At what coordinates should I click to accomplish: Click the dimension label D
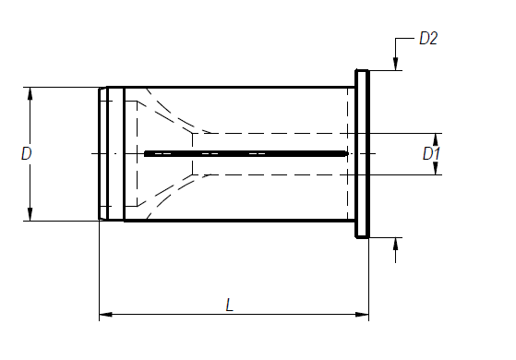(27, 153)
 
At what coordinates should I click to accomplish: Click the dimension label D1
(431, 153)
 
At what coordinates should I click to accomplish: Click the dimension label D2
(428, 39)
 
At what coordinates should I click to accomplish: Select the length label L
(230, 305)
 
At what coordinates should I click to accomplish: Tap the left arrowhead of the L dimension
(105, 314)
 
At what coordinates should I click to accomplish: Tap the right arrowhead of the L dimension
(363, 314)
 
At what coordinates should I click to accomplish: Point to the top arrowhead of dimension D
(30, 94)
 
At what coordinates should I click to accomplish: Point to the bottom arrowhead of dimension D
(30, 214)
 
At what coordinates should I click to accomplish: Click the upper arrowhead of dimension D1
(436, 140)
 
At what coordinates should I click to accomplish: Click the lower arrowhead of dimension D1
(436, 168)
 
